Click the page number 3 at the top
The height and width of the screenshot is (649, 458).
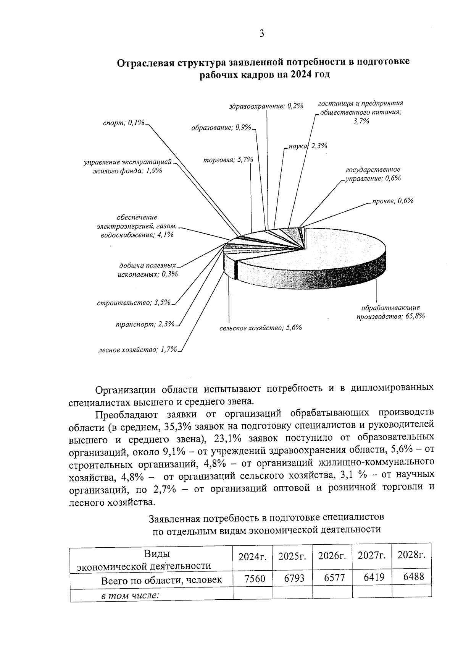[x=262, y=34]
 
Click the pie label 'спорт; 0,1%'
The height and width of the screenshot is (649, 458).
[x=124, y=123]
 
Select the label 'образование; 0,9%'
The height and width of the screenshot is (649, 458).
[x=221, y=128]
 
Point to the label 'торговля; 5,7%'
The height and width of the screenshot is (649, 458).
[x=228, y=160]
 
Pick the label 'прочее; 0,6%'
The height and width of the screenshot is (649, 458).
[x=393, y=201]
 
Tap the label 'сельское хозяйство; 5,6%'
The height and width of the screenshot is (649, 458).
[x=261, y=328]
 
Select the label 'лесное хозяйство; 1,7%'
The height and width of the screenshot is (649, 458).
[x=137, y=349]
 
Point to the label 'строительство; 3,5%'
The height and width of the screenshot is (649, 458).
[x=134, y=303]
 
